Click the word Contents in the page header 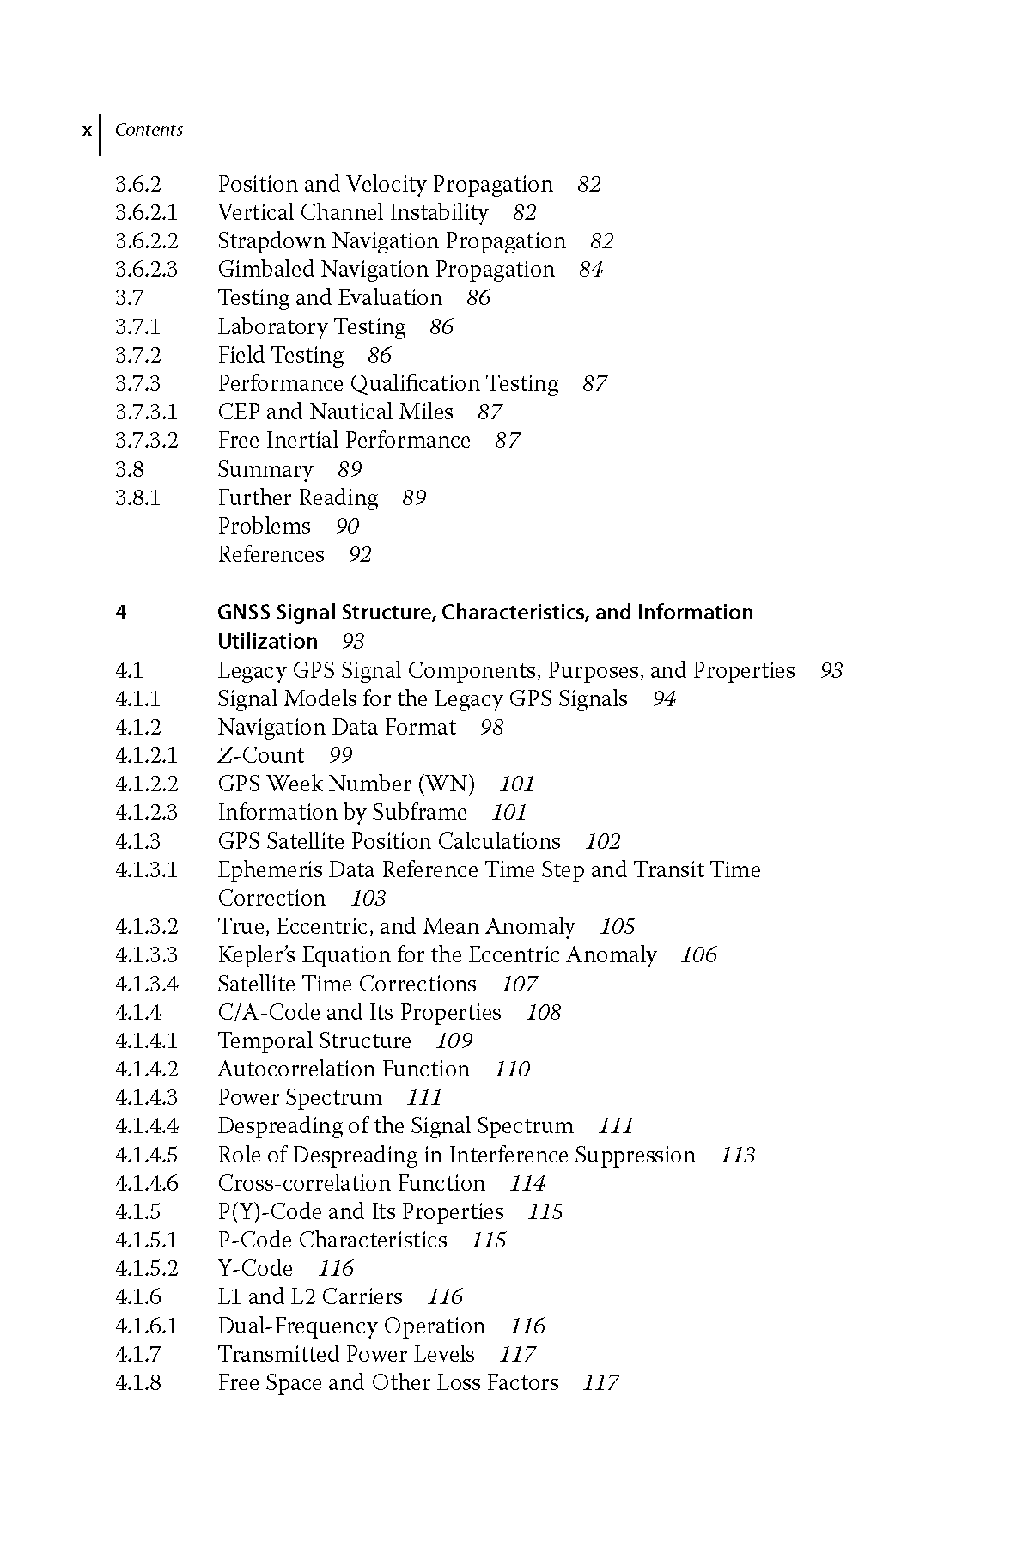pyautogui.click(x=149, y=130)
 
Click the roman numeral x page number pyautogui.click(x=86, y=131)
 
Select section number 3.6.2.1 pyautogui.click(x=146, y=212)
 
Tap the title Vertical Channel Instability pyautogui.click(x=352, y=212)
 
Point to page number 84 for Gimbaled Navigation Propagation pyautogui.click(x=591, y=270)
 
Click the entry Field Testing pyautogui.click(x=280, y=355)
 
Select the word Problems pyautogui.click(x=264, y=526)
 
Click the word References pyautogui.click(x=271, y=554)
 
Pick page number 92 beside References pyautogui.click(x=360, y=555)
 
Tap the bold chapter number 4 pyautogui.click(x=121, y=613)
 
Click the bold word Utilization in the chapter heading pyautogui.click(x=267, y=641)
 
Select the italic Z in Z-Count pyautogui.click(x=226, y=755)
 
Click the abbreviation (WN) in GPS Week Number pyautogui.click(x=446, y=784)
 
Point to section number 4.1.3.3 pyautogui.click(x=146, y=954)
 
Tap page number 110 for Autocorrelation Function pyautogui.click(x=512, y=1070)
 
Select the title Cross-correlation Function pyautogui.click(x=351, y=1183)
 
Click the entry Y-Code pyautogui.click(x=255, y=1268)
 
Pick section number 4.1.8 pyautogui.click(x=138, y=1382)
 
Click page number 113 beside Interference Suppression pyautogui.click(x=737, y=1155)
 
